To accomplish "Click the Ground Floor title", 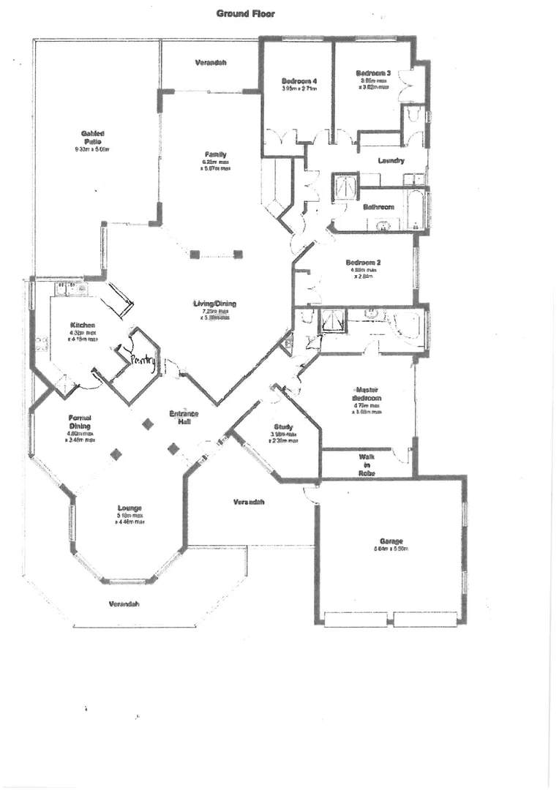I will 245,13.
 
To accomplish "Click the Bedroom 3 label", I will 373,73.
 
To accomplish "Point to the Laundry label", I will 391,161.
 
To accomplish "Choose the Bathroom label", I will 379,207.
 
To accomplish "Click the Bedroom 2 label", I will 364,263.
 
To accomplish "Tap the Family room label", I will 215,154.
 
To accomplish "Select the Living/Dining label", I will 214,304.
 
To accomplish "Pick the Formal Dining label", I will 80,421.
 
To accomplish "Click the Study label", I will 283,426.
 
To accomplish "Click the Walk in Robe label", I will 367,464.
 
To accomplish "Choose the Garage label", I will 391,542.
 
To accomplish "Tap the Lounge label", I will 128,508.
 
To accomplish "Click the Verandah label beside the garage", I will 249,503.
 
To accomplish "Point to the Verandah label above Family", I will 211,63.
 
